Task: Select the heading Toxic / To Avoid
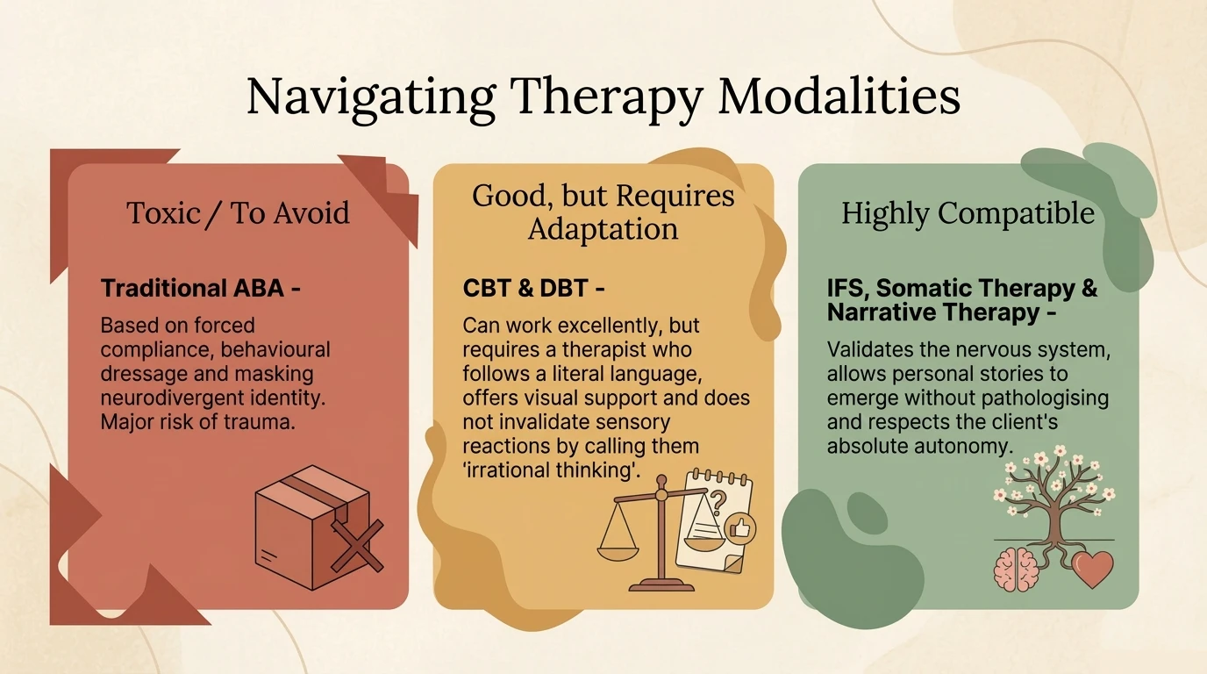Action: coord(238,212)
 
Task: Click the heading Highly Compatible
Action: coord(968,213)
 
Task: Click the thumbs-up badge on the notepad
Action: coord(739,528)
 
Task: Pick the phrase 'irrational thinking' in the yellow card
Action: coord(552,470)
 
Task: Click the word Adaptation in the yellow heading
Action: coord(603,228)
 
